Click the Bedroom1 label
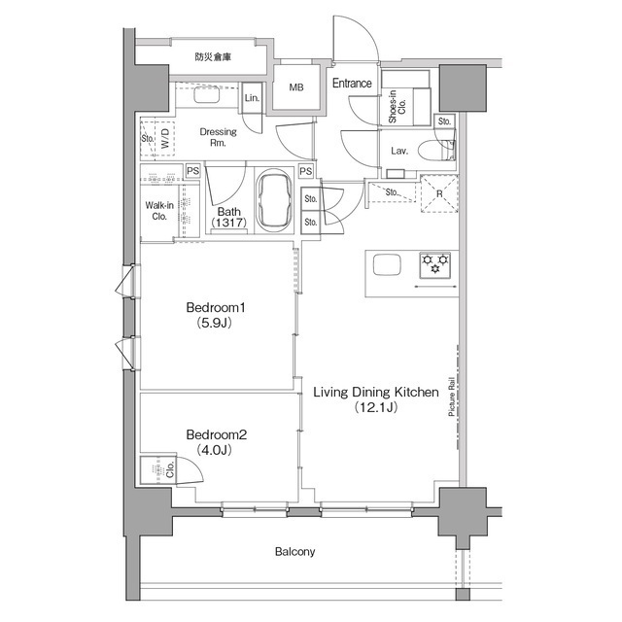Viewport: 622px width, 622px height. click(x=216, y=308)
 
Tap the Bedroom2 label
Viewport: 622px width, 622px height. click(x=217, y=434)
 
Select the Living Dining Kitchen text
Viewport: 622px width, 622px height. click(x=376, y=393)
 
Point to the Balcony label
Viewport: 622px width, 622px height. click(x=295, y=552)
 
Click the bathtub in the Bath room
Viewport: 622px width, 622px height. click(x=274, y=200)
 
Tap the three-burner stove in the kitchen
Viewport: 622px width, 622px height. click(x=435, y=264)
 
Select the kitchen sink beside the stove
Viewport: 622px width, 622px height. click(x=387, y=264)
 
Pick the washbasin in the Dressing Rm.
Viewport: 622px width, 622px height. click(x=207, y=94)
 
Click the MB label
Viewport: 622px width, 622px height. click(x=296, y=87)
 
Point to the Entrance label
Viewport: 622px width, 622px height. click(x=352, y=84)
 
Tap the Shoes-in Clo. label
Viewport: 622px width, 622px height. click(x=397, y=107)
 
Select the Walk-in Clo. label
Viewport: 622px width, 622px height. click(x=159, y=211)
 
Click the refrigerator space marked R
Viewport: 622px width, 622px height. click(x=439, y=194)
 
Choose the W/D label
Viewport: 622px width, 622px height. click(x=165, y=138)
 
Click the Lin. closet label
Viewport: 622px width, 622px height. click(x=252, y=98)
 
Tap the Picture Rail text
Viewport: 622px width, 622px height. click(x=451, y=397)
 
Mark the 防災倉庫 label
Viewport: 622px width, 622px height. click(x=213, y=57)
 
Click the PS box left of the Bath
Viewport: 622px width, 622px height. click(x=192, y=171)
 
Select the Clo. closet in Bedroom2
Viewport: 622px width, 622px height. click(x=158, y=470)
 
